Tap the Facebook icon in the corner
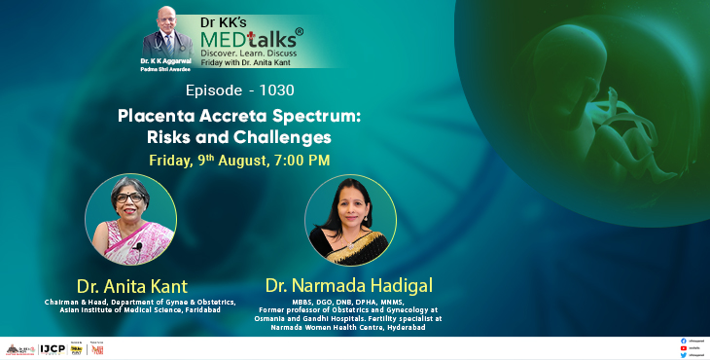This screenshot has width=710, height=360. tap(684, 341)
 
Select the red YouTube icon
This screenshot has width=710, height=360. tap(684, 347)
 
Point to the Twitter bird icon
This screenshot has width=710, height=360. tap(684, 354)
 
